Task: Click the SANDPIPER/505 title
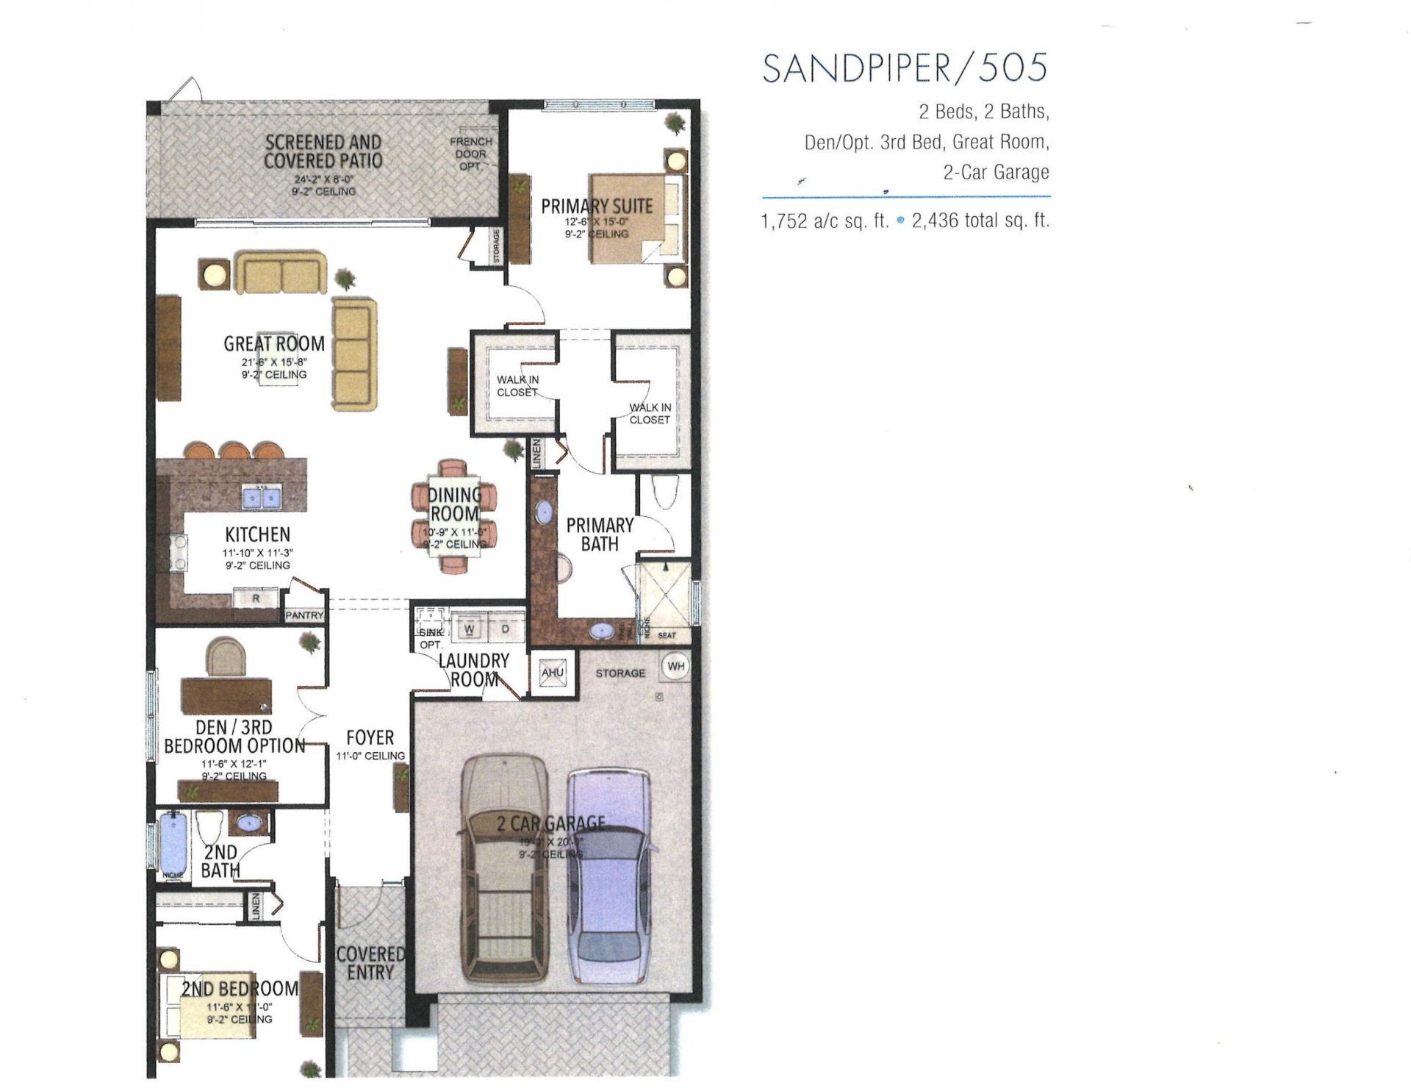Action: (905, 68)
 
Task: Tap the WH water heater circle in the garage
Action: (675, 667)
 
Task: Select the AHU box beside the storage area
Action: (552, 673)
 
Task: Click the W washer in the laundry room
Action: (469, 629)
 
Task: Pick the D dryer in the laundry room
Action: (505, 629)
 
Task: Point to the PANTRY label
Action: (304, 615)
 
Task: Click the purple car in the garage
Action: (609, 875)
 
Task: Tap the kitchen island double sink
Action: (262, 498)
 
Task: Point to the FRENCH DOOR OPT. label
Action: (471, 154)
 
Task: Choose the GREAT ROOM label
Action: (274, 343)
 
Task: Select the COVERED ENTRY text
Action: (370, 963)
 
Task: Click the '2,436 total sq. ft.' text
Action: (980, 221)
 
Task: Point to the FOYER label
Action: (370, 737)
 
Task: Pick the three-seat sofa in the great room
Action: (353, 354)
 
